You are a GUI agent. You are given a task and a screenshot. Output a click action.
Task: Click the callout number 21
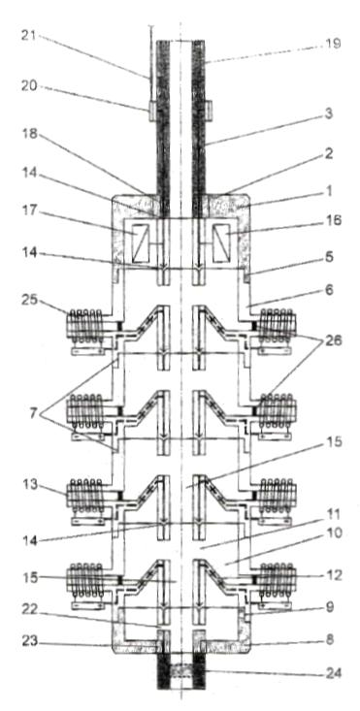[x=30, y=36]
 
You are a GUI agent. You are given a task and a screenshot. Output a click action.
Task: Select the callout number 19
[x=332, y=44]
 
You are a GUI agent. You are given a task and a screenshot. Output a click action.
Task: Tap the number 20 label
[x=31, y=85]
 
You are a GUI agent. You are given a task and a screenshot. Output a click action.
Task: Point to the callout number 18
[x=31, y=135]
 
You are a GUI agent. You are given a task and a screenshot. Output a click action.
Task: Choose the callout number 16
[x=332, y=221]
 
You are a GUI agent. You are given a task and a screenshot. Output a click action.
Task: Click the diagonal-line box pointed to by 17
[x=141, y=244]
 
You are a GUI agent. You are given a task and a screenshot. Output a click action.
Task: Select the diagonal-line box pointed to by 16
[x=221, y=244]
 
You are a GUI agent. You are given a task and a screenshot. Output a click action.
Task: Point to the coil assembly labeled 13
[x=88, y=501]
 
